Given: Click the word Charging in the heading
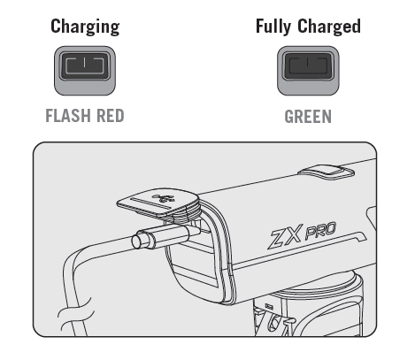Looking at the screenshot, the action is tap(85, 27).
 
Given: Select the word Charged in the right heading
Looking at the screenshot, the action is tap(329, 26).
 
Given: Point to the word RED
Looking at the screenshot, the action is tap(110, 116).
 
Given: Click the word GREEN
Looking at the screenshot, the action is tap(308, 117).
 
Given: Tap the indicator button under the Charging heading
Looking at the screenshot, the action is tap(85, 71).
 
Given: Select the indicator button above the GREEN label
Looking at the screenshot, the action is tap(308, 71).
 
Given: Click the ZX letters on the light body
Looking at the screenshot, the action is tap(286, 235).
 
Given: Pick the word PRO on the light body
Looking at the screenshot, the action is tap(320, 230).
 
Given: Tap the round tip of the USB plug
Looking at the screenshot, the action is tap(137, 241).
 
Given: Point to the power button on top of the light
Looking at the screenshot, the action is tap(326, 172).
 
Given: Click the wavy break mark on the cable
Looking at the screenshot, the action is tap(77, 313).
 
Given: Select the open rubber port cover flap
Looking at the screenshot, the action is tap(158, 203).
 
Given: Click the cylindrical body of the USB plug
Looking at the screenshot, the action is tap(166, 234).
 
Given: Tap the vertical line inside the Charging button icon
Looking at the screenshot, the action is tap(85, 63).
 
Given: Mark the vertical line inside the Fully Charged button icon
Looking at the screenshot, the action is tap(308, 62).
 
